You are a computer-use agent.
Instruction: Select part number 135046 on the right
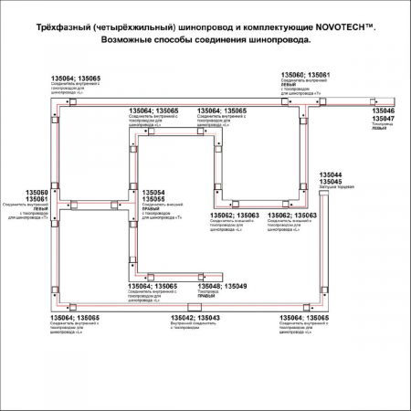[x=383, y=111]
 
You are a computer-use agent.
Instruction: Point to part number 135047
[x=383, y=119]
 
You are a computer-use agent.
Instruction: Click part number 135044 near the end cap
[x=330, y=174]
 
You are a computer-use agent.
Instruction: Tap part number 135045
[x=330, y=182]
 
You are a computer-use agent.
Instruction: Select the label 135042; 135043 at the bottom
[x=195, y=317]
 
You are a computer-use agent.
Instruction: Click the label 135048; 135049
[x=223, y=286]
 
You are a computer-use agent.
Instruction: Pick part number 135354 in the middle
[x=153, y=193]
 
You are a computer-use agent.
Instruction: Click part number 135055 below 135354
[x=153, y=200]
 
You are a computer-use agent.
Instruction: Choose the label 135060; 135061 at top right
[x=306, y=73]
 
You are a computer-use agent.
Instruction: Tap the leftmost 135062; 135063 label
[x=235, y=216]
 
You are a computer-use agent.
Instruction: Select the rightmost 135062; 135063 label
[x=293, y=216]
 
